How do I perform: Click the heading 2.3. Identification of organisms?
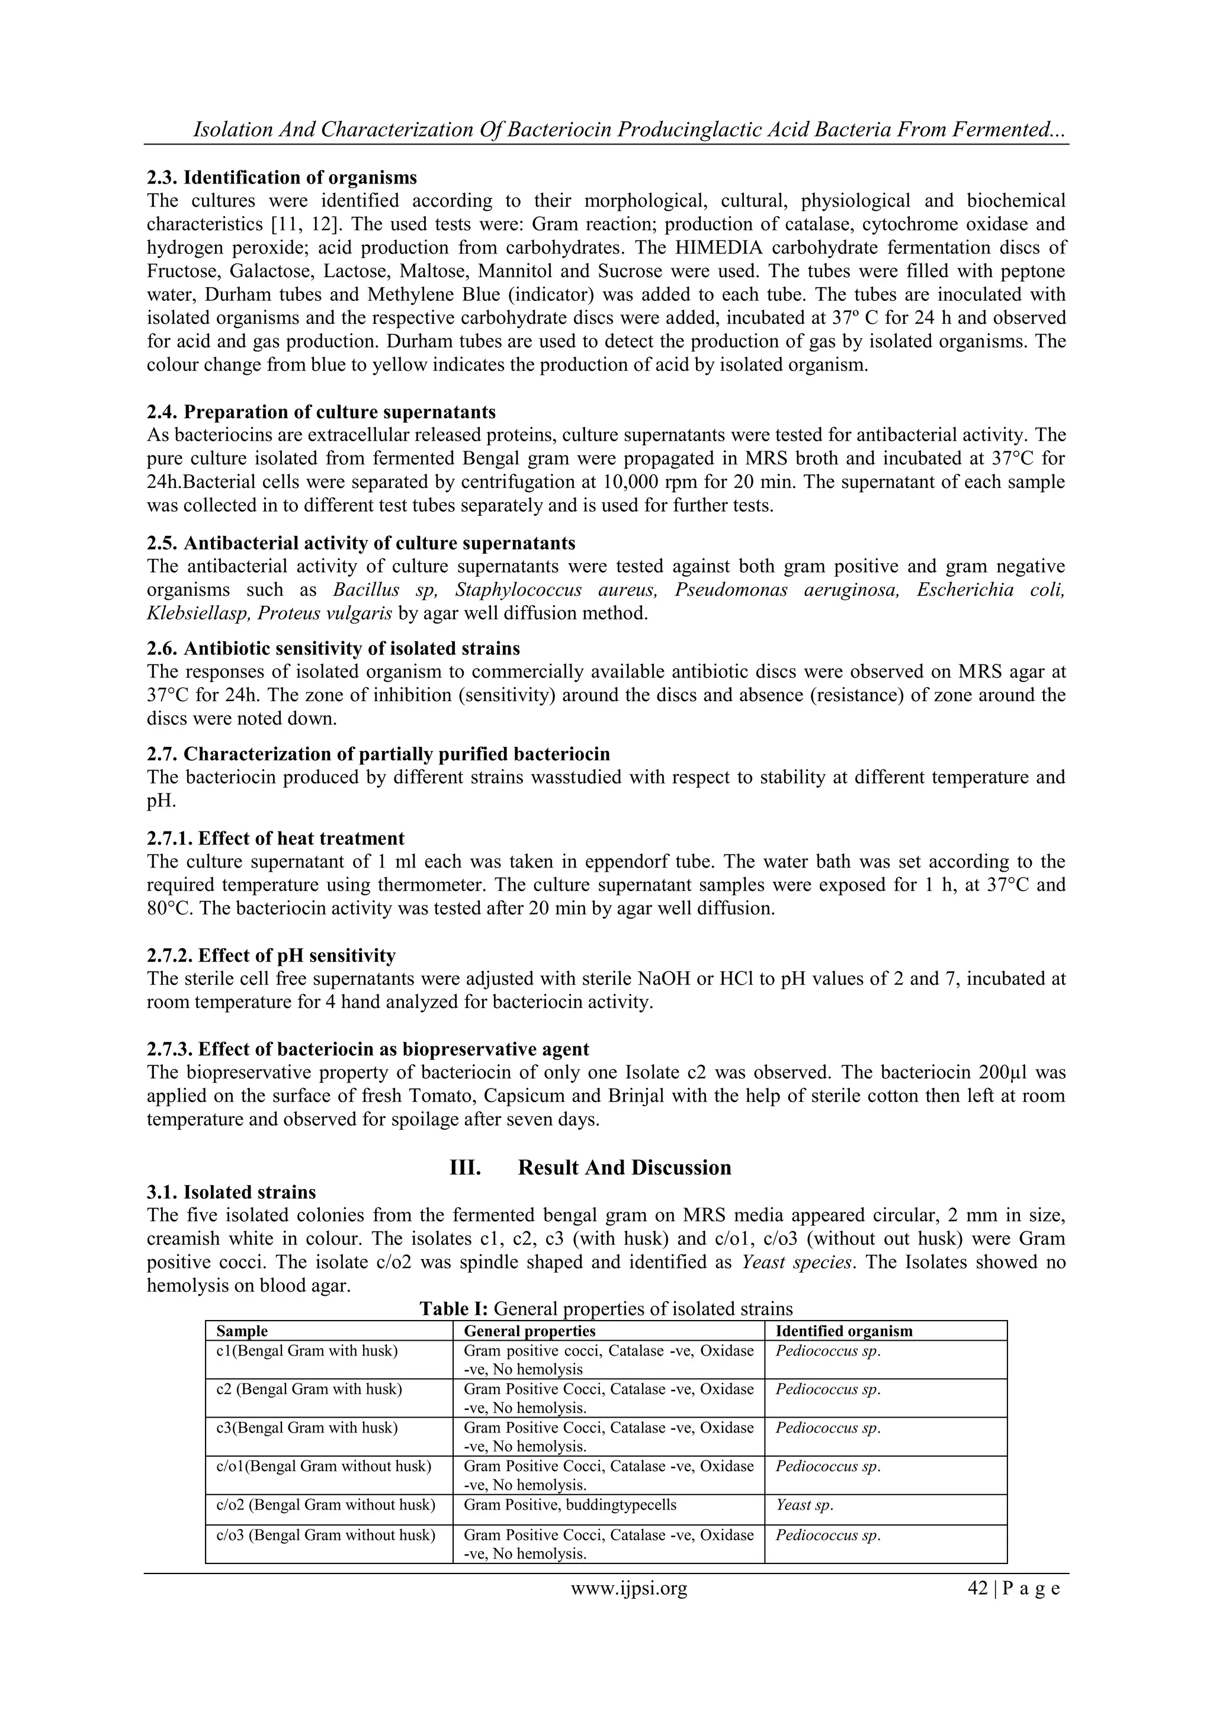pyautogui.click(x=281, y=178)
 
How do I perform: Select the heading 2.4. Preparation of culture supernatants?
pyautogui.click(x=321, y=412)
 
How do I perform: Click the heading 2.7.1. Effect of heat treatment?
pyautogui.click(x=275, y=838)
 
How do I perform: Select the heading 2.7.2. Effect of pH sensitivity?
pyautogui.click(x=271, y=955)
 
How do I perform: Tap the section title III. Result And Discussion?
pyautogui.click(x=590, y=1167)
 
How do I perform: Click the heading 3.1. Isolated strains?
pyautogui.click(x=232, y=1191)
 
